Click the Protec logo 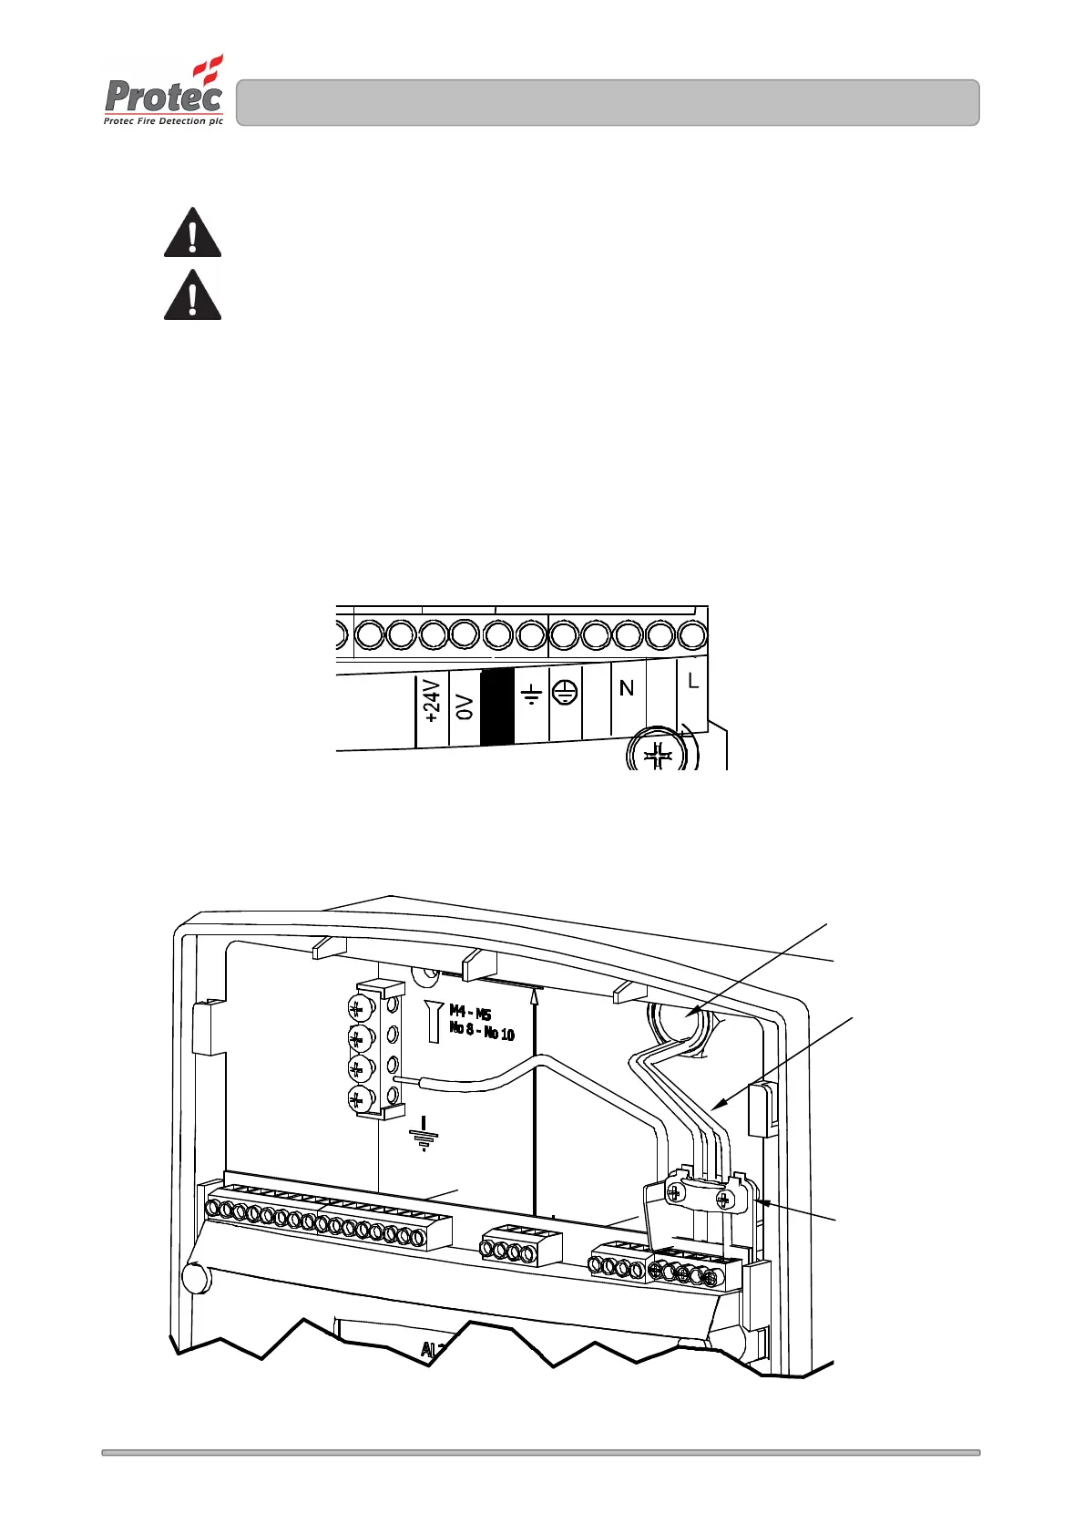click(x=164, y=91)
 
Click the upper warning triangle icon click(x=192, y=233)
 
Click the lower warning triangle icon click(x=192, y=294)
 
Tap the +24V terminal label click(x=433, y=700)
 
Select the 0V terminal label click(x=465, y=706)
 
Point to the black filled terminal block click(x=497, y=707)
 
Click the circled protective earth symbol click(x=565, y=693)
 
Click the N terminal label click(x=627, y=688)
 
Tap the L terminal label click(x=693, y=681)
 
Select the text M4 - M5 click(x=470, y=1013)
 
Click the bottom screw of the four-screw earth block click(x=359, y=1098)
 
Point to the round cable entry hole click(x=680, y=1023)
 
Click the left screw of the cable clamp click(x=675, y=1191)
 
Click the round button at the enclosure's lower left click(x=195, y=1276)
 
